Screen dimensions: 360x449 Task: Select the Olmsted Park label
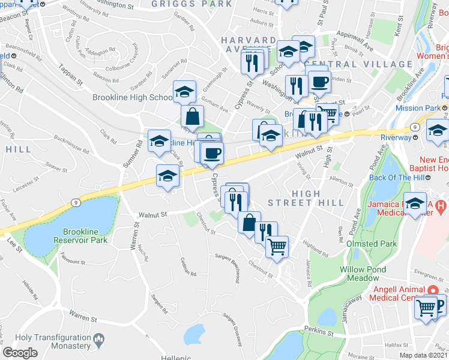pyautogui.click(x=372, y=244)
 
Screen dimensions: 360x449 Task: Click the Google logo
pyautogui.click(x=20, y=353)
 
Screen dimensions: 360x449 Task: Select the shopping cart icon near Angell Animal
pyautogui.click(x=426, y=308)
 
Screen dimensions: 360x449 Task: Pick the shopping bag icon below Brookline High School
pyautogui.click(x=193, y=116)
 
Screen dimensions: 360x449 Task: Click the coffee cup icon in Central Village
pyautogui.click(x=319, y=82)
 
